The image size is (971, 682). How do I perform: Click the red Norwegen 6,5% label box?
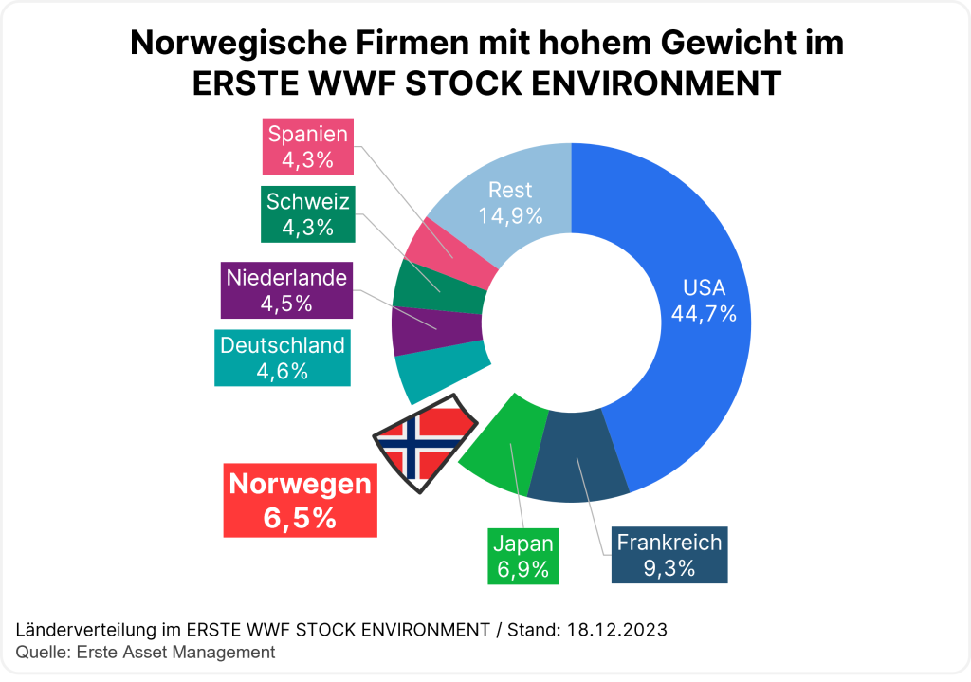point(300,501)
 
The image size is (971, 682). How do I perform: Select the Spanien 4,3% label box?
point(308,147)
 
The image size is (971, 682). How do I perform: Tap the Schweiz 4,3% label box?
point(308,214)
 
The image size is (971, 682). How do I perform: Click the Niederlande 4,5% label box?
point(286,290)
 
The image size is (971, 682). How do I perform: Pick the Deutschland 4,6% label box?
point(283,358)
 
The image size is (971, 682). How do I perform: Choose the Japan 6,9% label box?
point(522,557)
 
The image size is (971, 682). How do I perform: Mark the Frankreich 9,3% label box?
point(669,555)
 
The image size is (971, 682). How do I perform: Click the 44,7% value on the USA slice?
point(704,314)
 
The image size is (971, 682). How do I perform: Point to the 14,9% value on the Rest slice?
point(510,215)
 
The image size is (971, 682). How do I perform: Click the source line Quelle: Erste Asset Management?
point(146,652)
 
